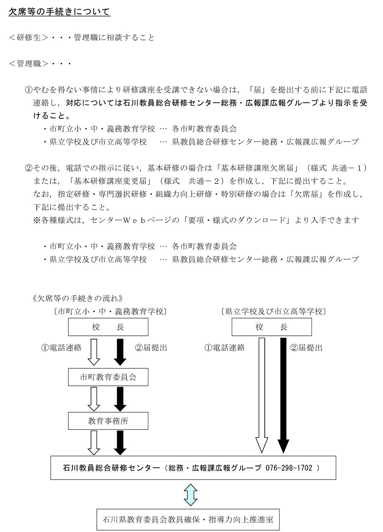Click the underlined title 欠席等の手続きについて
[x=60, y=12]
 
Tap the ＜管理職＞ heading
[x=29, y=64]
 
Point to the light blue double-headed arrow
[x=191, y=494]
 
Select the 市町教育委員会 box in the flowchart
[x=108, y=377]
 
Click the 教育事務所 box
[x=108, y=421]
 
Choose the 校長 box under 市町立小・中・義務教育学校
[x=108, y=327]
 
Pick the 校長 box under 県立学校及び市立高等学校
[x=272, y=327]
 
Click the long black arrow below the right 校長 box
[x=282, y=394]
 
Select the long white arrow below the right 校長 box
[x=261, y=394]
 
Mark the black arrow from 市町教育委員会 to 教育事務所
[x=120, y=399]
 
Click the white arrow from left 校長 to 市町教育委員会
[x=93, y=352]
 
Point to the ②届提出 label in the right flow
[x=306, y=348]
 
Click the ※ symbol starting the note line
[x=37, y=220]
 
